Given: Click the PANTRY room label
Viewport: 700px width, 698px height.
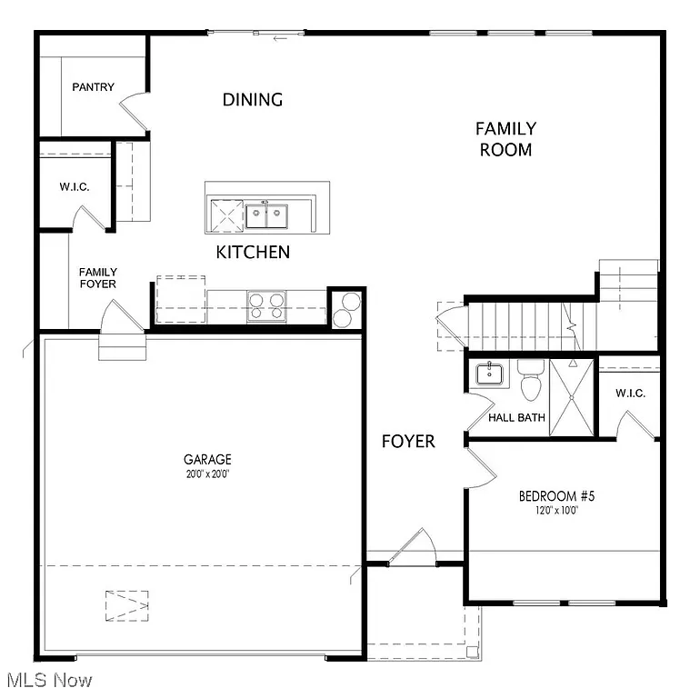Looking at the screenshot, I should (94, 87).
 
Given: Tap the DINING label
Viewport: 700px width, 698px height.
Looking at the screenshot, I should (253, 100).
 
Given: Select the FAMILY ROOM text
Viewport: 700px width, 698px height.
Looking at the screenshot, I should (505, 139).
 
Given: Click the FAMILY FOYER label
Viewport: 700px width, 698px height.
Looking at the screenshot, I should (97, 278).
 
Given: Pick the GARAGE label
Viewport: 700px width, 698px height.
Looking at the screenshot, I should (207, 460).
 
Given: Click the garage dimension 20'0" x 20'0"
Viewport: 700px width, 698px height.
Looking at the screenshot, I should (207, 474).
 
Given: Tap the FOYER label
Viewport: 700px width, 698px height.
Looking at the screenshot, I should (407, 442).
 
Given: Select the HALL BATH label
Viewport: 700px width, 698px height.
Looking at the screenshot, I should (516, 418).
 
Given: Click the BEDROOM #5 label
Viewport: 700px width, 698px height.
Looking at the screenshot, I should (556, 496).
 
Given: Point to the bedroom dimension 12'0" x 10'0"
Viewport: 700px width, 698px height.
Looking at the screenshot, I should (556, 511).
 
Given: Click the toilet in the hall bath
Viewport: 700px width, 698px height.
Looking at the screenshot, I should (531, 383).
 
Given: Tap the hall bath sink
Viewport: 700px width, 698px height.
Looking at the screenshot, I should (489, 374).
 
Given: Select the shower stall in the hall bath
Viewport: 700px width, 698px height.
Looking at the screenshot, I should (570, 396).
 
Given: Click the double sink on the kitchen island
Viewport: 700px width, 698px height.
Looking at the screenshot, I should (265, 216).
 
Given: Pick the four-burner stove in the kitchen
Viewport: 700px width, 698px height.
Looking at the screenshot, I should (266, 305).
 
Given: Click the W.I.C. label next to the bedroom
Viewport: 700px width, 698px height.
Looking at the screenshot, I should (629, 394).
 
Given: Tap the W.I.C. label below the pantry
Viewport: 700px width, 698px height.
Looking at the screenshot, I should (75, 187).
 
